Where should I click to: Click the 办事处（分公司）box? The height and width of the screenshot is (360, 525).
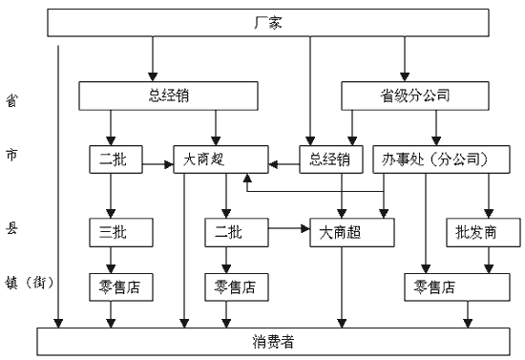pos(435,158)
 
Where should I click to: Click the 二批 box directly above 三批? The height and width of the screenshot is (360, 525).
pos(114,158)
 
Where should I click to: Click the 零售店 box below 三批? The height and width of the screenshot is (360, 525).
pos(114,285)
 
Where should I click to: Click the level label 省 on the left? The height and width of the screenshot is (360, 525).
pos(10,98)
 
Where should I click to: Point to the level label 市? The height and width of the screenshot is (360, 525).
pos(10,157)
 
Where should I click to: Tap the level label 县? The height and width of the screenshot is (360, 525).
pos(10,230)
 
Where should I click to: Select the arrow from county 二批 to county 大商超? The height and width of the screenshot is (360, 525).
pos(285,230)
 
